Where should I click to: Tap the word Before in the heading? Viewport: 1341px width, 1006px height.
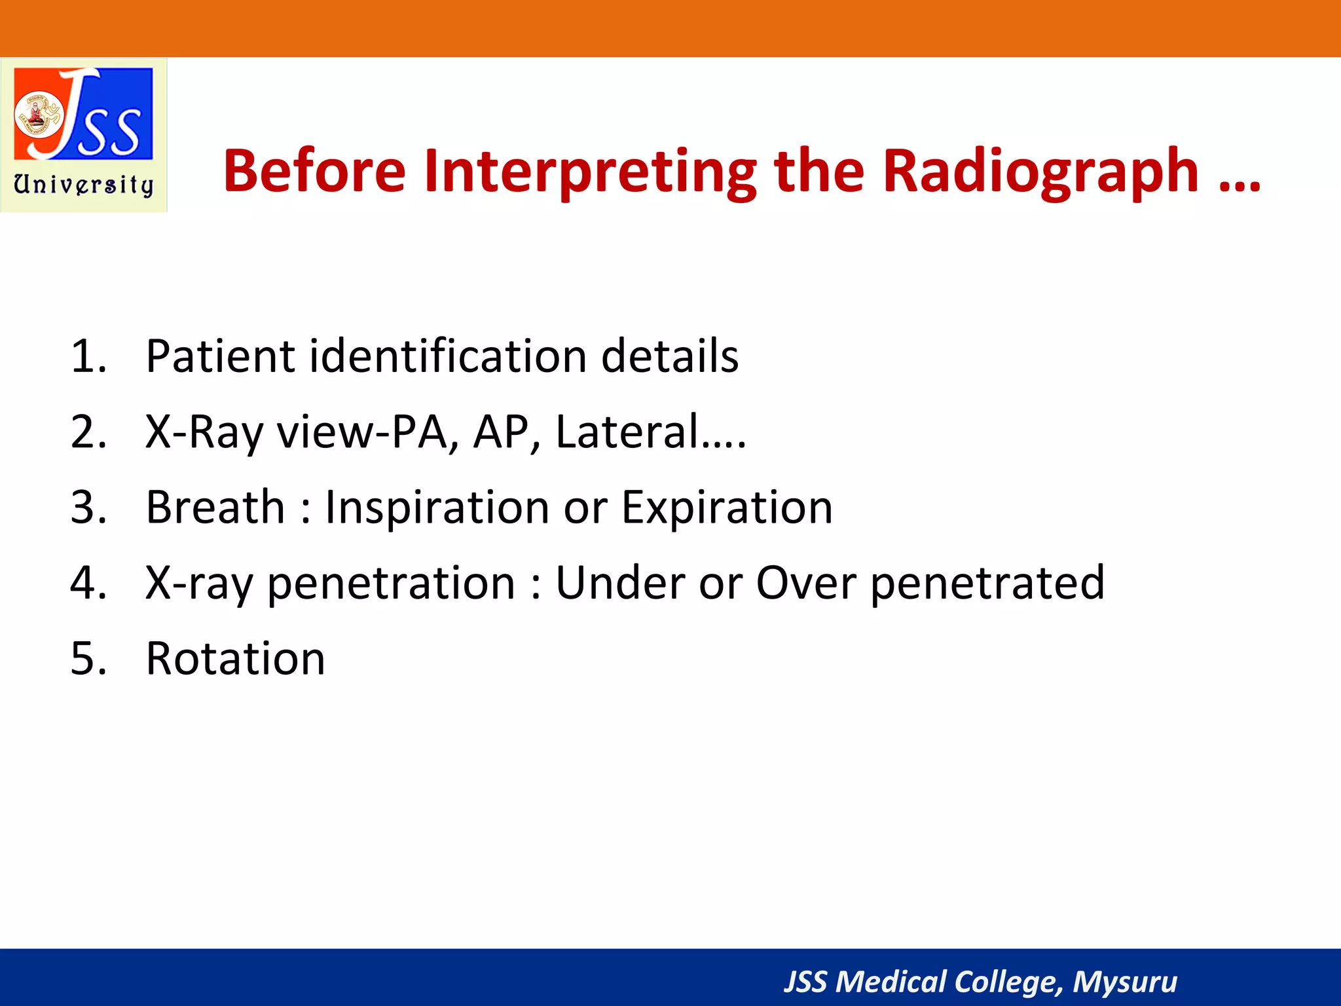[314, 172]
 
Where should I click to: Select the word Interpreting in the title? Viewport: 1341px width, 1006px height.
[589, 172]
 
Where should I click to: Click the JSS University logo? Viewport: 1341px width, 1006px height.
[84, 115]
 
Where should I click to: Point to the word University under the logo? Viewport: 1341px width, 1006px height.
[84, 185]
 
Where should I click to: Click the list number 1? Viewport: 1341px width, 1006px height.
[88, 357]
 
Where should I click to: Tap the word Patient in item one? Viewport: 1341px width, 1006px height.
[220, 357]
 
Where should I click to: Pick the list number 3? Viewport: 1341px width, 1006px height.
[88, 508]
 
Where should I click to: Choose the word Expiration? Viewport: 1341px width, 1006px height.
[727, 508]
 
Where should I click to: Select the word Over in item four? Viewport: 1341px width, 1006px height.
[806, 583]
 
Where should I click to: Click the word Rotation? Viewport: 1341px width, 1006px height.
[235, 658]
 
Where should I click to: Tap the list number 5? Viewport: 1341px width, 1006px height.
[88, 658]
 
